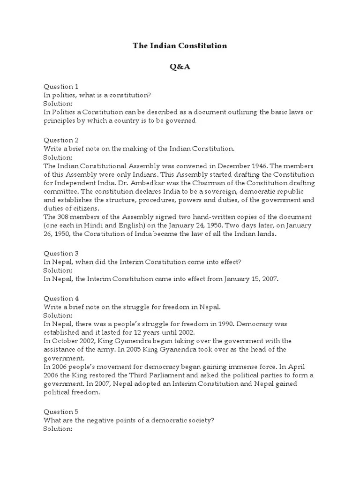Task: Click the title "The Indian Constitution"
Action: point(180,46)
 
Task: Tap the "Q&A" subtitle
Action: point(180,67)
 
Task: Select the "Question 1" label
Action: point(61,87)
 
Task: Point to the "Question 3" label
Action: point(61,254)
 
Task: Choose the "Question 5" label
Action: point(61,412)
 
